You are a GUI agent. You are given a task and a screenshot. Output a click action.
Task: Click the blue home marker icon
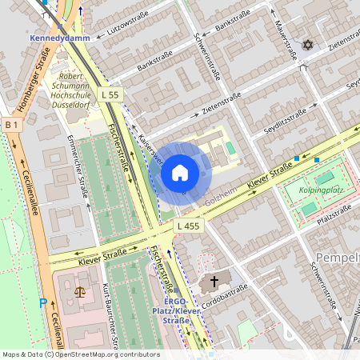coord(180,172)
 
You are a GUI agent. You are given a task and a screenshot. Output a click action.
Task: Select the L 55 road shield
coord(111,94)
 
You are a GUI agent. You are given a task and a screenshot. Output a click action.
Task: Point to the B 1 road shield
coord(10,125)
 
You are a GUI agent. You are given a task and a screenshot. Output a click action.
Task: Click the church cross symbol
coord(213,282)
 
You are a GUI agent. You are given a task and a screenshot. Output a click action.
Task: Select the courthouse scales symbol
coord(79,290)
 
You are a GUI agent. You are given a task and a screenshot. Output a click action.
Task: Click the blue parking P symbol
coord(43,303)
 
